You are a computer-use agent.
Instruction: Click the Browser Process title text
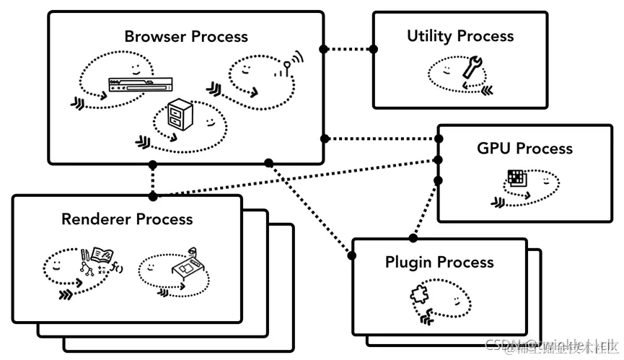(x=185, y=36)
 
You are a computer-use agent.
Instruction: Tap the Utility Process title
(x=460, y=36)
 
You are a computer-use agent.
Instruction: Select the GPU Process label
(x=524, y=149)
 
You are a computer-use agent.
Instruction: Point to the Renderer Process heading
(x=127, y=219)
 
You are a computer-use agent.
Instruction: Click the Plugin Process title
(x=439, y=262)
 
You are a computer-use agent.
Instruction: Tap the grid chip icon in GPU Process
(x=515, y=178)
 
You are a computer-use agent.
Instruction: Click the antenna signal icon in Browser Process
(x=287, y=66)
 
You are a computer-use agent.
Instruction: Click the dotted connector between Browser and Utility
(x=348, y=49)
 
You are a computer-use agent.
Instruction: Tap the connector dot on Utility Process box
(x=374, y=49)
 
